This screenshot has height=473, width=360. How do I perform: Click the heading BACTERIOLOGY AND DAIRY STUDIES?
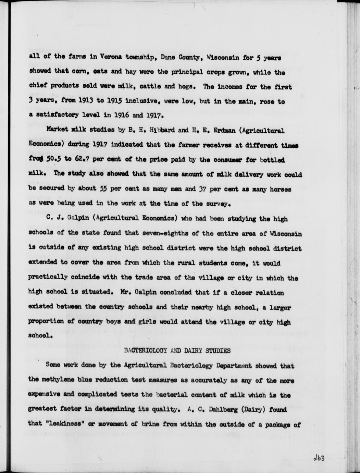pos(177,351)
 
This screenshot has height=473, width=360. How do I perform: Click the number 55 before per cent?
pos(103,189)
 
